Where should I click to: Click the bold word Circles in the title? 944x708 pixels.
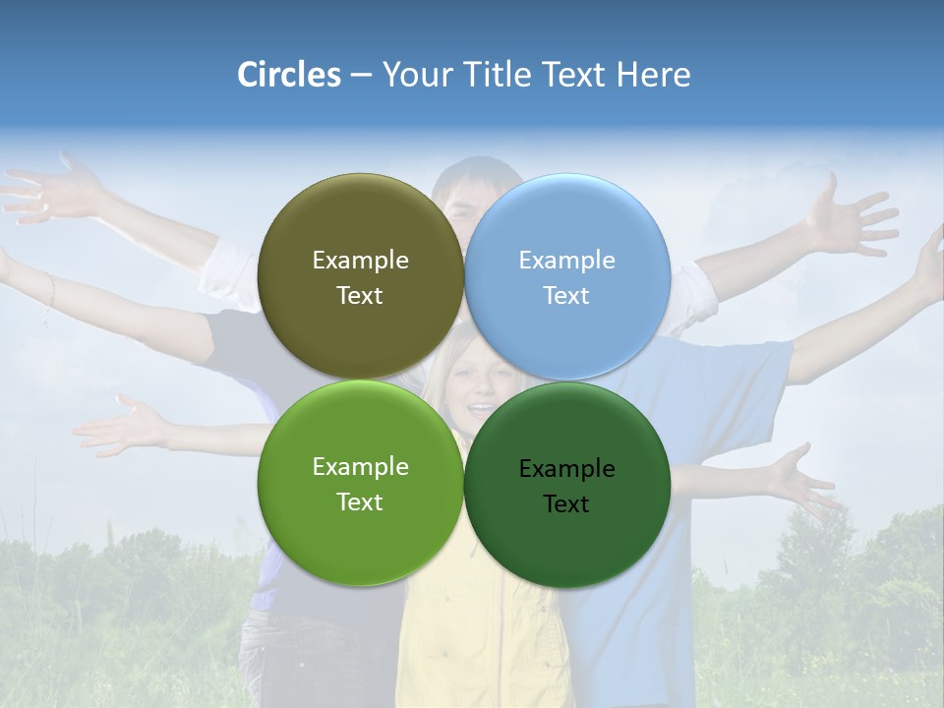289,75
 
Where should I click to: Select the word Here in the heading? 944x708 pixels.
654,75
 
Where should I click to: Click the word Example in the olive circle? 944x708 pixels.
360,261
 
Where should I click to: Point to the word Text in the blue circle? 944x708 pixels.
566,296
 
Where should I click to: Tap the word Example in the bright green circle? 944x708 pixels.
360,467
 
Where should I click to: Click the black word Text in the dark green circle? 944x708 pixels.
566,504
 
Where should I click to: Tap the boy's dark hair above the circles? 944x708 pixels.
477,172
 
